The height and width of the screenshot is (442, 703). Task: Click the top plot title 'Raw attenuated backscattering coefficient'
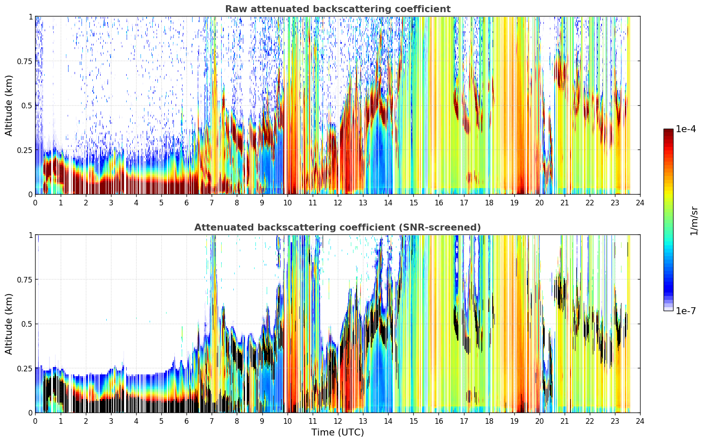tap(338, 9)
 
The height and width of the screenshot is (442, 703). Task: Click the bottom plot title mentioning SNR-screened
tap(338, 227)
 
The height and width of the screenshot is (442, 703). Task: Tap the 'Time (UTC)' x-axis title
tap(338, 432)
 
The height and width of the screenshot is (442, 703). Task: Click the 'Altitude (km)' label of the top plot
tap(9, 105)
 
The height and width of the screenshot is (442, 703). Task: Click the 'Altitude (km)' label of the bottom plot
tap(9, 324)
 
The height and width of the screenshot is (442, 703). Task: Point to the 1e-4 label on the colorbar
tap(686, 129)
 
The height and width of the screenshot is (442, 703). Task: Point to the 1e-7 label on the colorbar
tap(686, 311)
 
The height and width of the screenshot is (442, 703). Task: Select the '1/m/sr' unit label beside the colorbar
tap(694, 221)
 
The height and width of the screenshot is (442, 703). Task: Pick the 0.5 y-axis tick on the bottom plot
tap(27, 324)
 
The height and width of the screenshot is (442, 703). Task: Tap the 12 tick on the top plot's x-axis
tap(338, 203)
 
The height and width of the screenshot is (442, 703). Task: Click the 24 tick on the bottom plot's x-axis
tap(640, 421)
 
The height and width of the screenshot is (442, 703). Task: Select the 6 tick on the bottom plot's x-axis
tap(186, 421)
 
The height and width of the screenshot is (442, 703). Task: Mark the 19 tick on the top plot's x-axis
tap(514, 203)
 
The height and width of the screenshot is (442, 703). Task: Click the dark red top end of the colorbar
tap(668, 131)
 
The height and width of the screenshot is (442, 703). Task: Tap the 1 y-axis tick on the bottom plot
tap(31, 235)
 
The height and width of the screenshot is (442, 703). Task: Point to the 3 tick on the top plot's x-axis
tap(111, 203)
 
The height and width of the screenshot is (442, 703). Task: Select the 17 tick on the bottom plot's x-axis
tap(464, 421)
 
